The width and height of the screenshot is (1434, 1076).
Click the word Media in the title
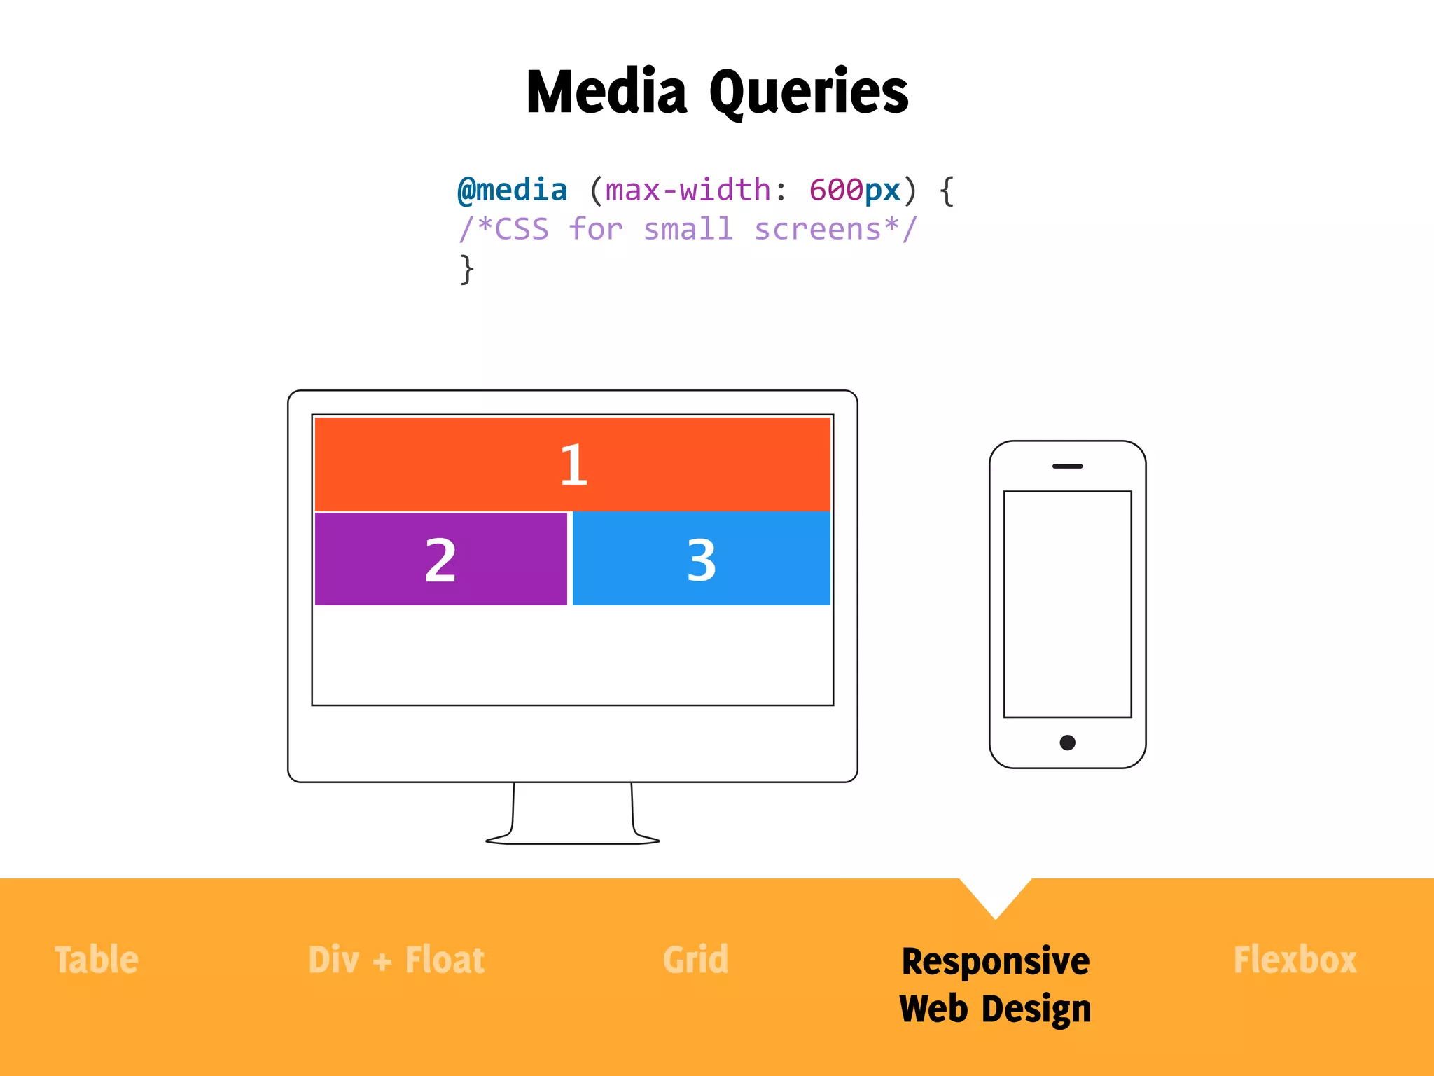tap(606, 92)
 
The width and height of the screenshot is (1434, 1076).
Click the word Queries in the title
tap(809, 92)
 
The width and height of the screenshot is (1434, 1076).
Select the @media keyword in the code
tap(512, 190)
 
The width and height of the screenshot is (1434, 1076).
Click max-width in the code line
tap(688, 190)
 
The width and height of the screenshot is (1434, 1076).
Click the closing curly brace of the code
tap(466, 269)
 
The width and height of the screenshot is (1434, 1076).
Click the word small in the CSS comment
tap(688, 229)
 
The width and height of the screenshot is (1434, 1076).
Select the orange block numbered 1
tap(573, 464)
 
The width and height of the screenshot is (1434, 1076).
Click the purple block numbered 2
tap(440, 559)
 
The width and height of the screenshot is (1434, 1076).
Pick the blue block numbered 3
tap(701, 559)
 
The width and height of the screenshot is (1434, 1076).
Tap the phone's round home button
tap(1067, 743)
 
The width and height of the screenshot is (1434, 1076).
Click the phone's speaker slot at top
tap(1067, 466)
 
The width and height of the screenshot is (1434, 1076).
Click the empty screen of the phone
tap(1067, 604)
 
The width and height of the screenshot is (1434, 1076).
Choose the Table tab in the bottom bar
tap(97, 960)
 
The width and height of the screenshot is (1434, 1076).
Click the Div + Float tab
tap(396, 960)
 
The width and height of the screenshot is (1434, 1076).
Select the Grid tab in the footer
tap(695, 960)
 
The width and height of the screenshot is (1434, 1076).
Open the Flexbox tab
tap(1295, 960)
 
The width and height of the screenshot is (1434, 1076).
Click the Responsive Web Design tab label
tap(995, 984)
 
